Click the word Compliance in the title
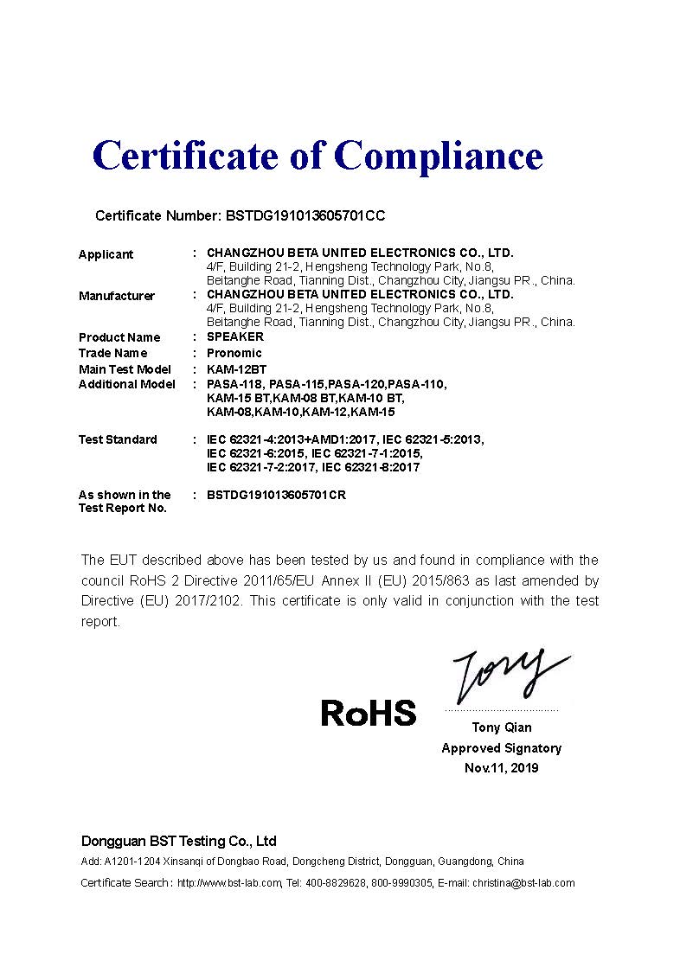click(x=438, y=157)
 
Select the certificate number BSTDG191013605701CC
click(x=311, y=215)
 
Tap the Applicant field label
click(x=106, y=254)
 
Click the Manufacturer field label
click(x=117, y=296)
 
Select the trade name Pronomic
click(x=234, y=353)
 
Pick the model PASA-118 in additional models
click(x=234, y=383)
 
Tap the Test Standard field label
click(x=118, y=439)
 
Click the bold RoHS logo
click(x=369, y=713)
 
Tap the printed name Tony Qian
click(x=502, y=727)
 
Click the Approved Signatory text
click(x=501, y=748)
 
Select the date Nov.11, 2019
click(x=501, y=768)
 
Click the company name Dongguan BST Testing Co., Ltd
click(x=178, y=841)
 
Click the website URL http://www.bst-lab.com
click(x=229, y=883)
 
